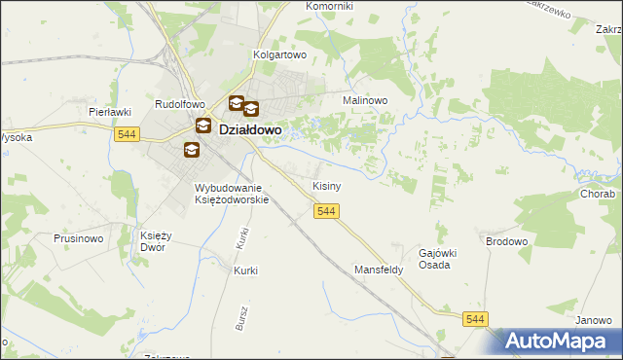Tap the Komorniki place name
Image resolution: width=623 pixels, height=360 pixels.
pyautogui.click(x=330, y=6)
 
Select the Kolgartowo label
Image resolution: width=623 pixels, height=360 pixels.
pyautogui.click(x=279, y=55)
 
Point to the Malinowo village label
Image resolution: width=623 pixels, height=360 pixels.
pyautogui.click(x=365, y=100)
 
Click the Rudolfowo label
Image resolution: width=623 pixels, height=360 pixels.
pyautogui.click(x=180, y=103)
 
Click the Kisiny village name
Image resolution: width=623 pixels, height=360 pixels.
pyautogui.click(x=325, y=185)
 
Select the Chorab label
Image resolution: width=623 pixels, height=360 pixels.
pyautogui.click(x=599, y=194)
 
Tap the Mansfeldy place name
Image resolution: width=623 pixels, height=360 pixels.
pyautogui.click(x=379, y=270)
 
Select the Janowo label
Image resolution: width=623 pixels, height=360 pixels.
pyautogui.click(x=593, y=320)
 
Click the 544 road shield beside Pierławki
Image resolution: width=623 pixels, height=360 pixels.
pyautogui.click(x=123, y=134)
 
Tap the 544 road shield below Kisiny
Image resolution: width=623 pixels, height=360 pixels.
pyautogui.click(x=326, y=211)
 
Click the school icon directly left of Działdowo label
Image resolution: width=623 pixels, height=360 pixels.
pyautogui.click(x=203, y=126)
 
